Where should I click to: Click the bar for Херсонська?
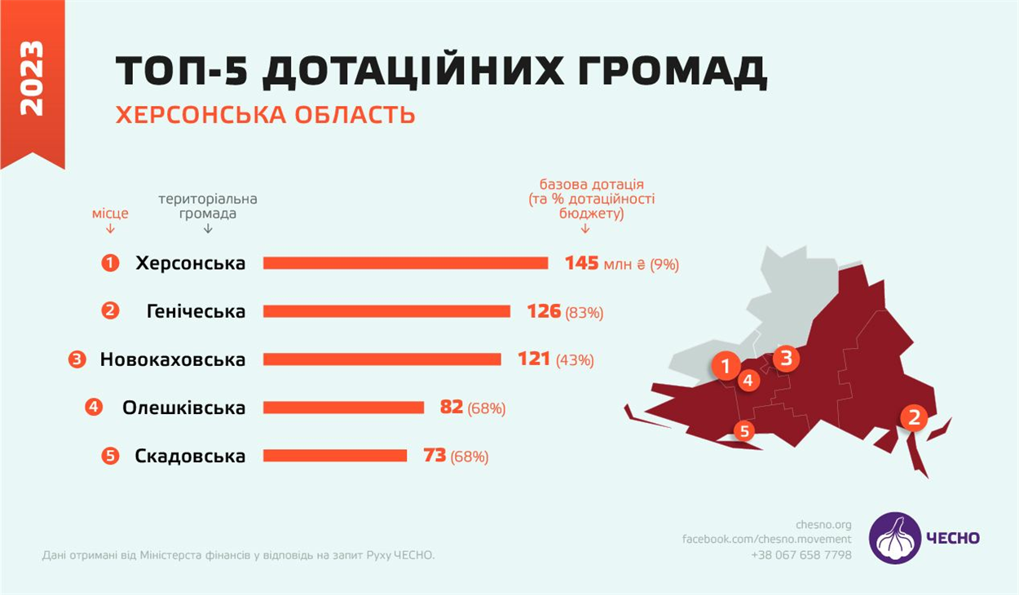click(405, 263)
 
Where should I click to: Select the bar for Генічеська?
click(386, 311)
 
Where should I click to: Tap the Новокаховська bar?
click(382, 359)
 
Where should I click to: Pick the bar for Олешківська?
click(343, 408)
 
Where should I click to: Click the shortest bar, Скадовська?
click(334, 456)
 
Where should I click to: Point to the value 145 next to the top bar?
click(581, 263)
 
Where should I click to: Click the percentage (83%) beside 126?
click(584, 312)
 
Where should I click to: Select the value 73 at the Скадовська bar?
click(435, 456)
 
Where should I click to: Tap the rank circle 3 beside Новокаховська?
click(77, 359)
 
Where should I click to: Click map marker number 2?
click(913, 418)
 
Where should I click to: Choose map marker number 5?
click(744, 430)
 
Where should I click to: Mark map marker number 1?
click(726, 366)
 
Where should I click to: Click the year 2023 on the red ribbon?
click(32, 77)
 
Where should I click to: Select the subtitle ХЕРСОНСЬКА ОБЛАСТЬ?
click(265, 115)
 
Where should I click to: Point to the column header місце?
click(110, 214)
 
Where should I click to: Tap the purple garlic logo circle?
click(894, 538)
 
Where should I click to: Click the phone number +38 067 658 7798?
click(801, 555)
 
